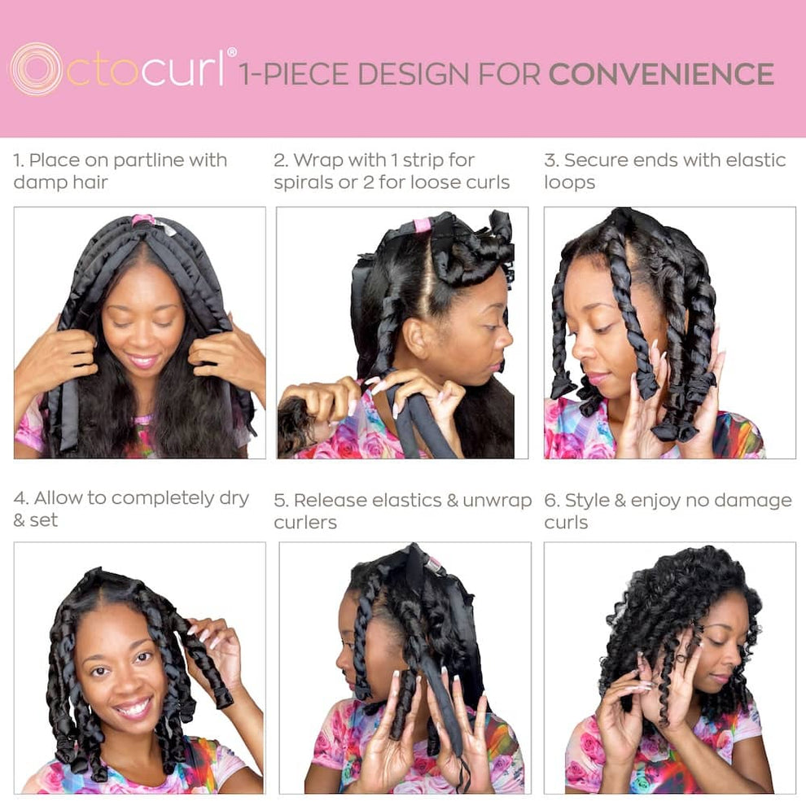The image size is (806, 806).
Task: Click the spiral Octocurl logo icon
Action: click(x=35, y=68)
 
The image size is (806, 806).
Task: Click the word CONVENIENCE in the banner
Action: click(x=661, y=74)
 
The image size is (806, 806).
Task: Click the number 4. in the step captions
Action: click(x=20, y=498)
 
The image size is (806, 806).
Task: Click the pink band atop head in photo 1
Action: click(x=143, y=220)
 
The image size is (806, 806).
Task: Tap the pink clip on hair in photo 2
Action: click(x=422, y=225)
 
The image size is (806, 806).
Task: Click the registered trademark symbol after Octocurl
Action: click(x=232, y=53)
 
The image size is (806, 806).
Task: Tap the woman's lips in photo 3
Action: click(x=597, y=378)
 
